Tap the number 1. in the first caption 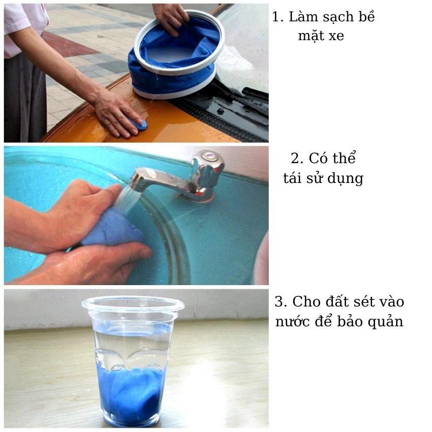tap(277, 17)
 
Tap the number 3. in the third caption tap(281, 302)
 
